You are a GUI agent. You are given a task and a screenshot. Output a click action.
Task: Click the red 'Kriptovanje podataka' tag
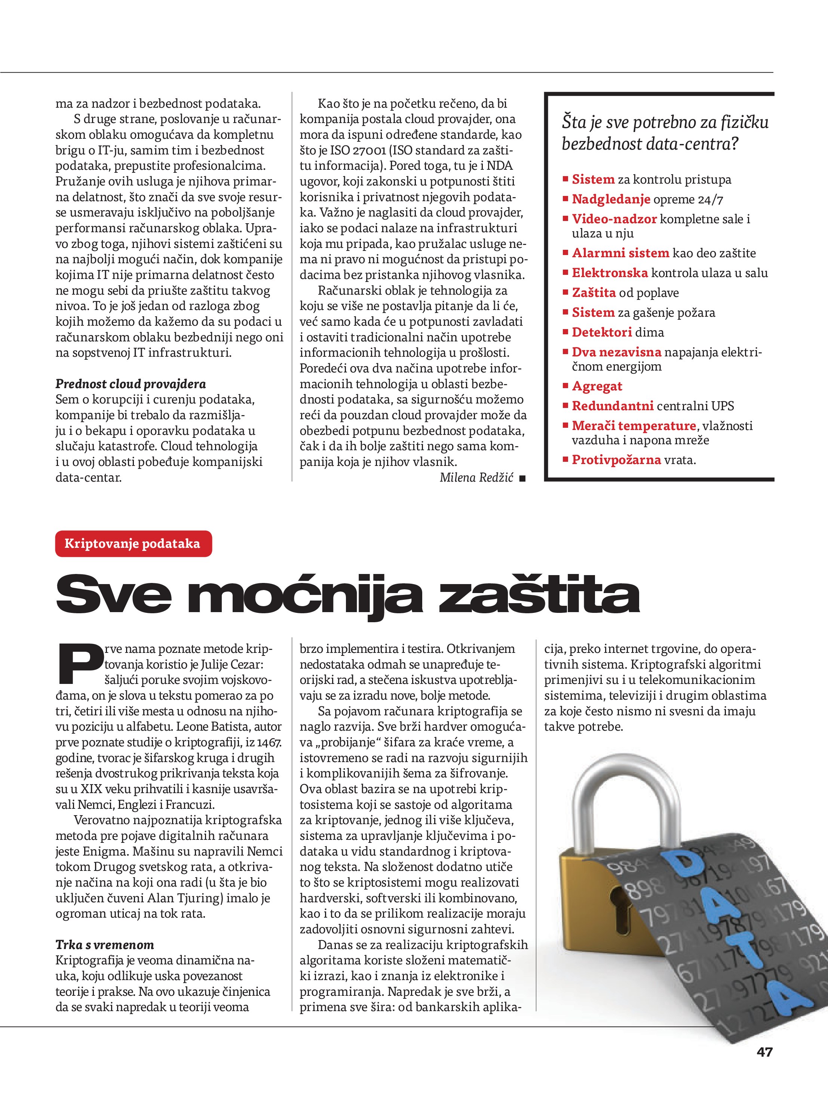132,544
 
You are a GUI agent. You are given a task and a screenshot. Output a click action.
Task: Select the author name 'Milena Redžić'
476,477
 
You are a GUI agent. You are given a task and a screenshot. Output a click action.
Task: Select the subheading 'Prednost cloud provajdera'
131,384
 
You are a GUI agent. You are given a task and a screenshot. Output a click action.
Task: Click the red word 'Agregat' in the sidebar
597,386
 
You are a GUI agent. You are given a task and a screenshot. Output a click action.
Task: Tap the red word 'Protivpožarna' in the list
616,460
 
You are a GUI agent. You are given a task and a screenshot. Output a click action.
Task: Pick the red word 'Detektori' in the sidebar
602,332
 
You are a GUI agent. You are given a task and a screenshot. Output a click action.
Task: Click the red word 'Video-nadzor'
614,219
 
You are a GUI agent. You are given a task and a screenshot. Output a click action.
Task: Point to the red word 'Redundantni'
613,406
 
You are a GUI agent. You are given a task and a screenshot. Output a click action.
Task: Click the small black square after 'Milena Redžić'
522,478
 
